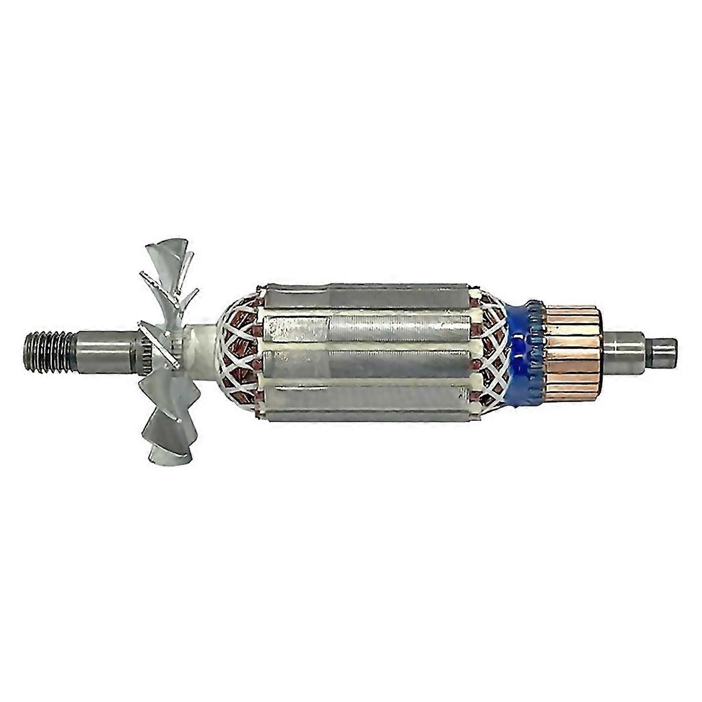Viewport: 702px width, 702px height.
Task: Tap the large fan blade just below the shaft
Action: [x=163, y=390]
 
